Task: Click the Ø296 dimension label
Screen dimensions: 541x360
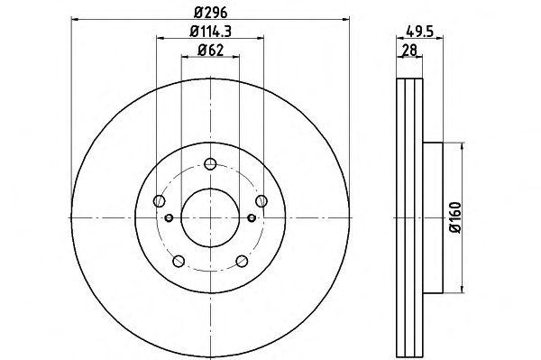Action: (210, 13)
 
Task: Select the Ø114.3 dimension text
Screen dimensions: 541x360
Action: (210, 32)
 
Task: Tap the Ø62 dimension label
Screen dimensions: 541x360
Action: (210, 51)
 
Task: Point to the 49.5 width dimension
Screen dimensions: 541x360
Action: (419, 32)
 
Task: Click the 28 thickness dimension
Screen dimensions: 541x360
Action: (410, 51)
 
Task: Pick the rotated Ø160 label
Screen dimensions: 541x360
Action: (455, 217)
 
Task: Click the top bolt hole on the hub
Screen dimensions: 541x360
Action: (210, 163)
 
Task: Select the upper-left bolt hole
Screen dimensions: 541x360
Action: (159, 200)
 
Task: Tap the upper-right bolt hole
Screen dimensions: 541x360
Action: (261, 200)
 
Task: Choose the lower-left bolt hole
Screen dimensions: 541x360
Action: (179, 261)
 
